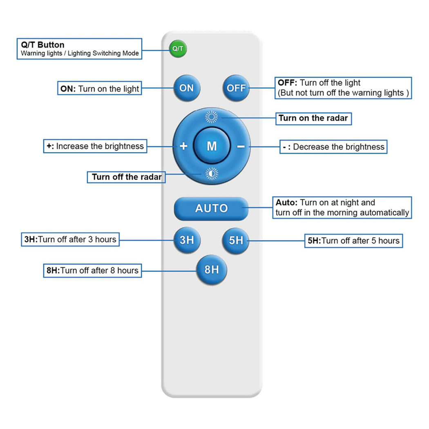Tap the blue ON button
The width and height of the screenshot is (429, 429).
(x=187, y=88)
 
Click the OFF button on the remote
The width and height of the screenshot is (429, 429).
(x=236, y=88)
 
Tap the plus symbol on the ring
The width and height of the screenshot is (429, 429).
(x=183, y=146)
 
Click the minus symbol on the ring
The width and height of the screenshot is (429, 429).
(x=241, y=146)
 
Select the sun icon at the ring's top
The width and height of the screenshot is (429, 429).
(x=211, y=118)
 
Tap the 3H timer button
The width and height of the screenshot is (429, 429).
(x=187, y=240)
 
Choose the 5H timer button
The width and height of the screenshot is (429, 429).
(x=236, y=240)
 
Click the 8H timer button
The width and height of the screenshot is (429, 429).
(x=211, y=270)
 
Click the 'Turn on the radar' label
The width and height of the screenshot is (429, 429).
(x=313, y=118)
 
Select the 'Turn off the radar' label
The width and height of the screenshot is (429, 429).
(x=126, y=177)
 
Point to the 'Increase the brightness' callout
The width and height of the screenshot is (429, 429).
(x=95, y=146)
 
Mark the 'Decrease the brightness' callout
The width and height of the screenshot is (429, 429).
(x=333, y=147)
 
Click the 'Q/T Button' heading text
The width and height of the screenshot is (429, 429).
(x=42, y=45)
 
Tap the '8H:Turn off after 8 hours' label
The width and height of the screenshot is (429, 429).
(x=92, y=270)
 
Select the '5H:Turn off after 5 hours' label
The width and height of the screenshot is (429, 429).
(x=353, y=241)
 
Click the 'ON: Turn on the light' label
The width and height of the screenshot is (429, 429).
(x=100, y=89)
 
